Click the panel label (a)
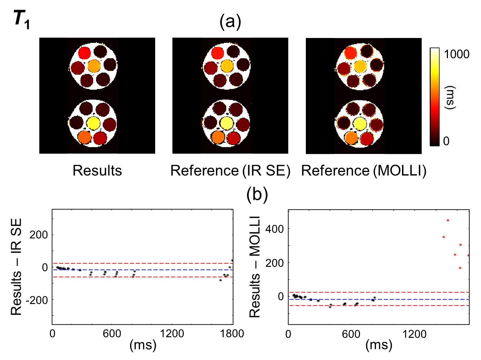click(x=230, y=22)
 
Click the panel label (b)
click(x=257, y=194)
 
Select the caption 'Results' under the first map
click(x=97, y=171)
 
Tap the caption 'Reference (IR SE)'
click(x=230, y=171)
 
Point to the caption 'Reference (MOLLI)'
click(x=364, y=171)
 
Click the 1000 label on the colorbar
click(x=456, y=54)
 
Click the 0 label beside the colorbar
click(x=446, y=141)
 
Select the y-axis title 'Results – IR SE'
click(x=16, y=266)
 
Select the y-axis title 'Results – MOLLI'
click(x=255, y=266)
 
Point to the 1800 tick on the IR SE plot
click(x=232, y=333)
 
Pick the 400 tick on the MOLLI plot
click(x=274, y=228)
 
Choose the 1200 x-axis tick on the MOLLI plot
click(x=414, y=334)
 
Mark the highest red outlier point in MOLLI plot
click(x=448, y=220)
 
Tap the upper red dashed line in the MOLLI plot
click(x=379, y=292)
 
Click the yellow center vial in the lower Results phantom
click(x=93, y=123)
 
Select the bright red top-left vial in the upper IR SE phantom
click(x=217, y=53)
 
